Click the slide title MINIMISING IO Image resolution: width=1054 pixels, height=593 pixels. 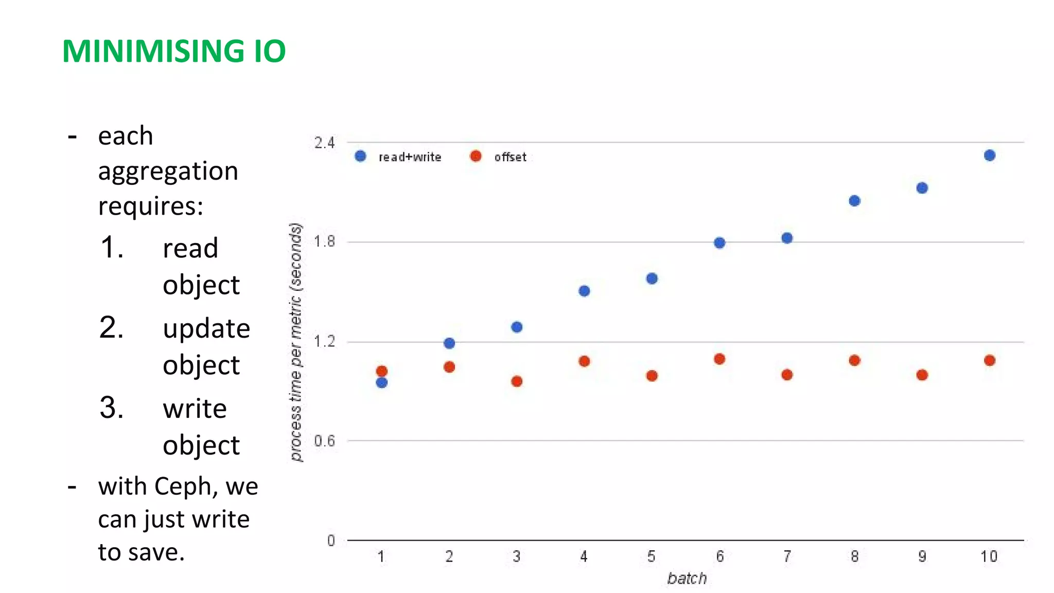[x=173, y=51]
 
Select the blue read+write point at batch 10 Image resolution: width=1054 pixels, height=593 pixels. [x=989, y=155]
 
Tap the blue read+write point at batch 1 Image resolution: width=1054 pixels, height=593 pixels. [x=381, y=382]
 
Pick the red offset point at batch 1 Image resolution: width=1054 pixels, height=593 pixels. [x=381, y=371]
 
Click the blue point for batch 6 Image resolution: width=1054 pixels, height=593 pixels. [x=719, y=243]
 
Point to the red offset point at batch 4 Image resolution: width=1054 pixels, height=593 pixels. [x=584, y=361]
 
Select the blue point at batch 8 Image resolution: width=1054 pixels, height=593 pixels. [x=854, y=201]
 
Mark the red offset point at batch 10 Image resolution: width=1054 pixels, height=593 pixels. [x=989, y=360]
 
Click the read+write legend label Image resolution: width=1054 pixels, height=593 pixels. [x=410, y=158]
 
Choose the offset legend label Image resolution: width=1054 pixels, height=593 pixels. [x=510, y=158]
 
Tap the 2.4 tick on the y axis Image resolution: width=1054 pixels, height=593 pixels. [x=324, y=143]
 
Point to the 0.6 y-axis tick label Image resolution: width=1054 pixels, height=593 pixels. [x=324, y=441]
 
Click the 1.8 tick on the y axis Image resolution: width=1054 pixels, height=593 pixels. [x=324, y=241]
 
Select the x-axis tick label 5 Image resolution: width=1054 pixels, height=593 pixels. [x=651, y=556]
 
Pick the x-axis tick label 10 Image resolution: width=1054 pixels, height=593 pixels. [x=989, y=556]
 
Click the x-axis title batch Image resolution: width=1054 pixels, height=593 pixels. [x=687, y=579]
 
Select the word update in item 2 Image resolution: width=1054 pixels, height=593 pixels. [x=206, y=329]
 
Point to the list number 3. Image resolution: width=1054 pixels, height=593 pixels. [x=111, y=408]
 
